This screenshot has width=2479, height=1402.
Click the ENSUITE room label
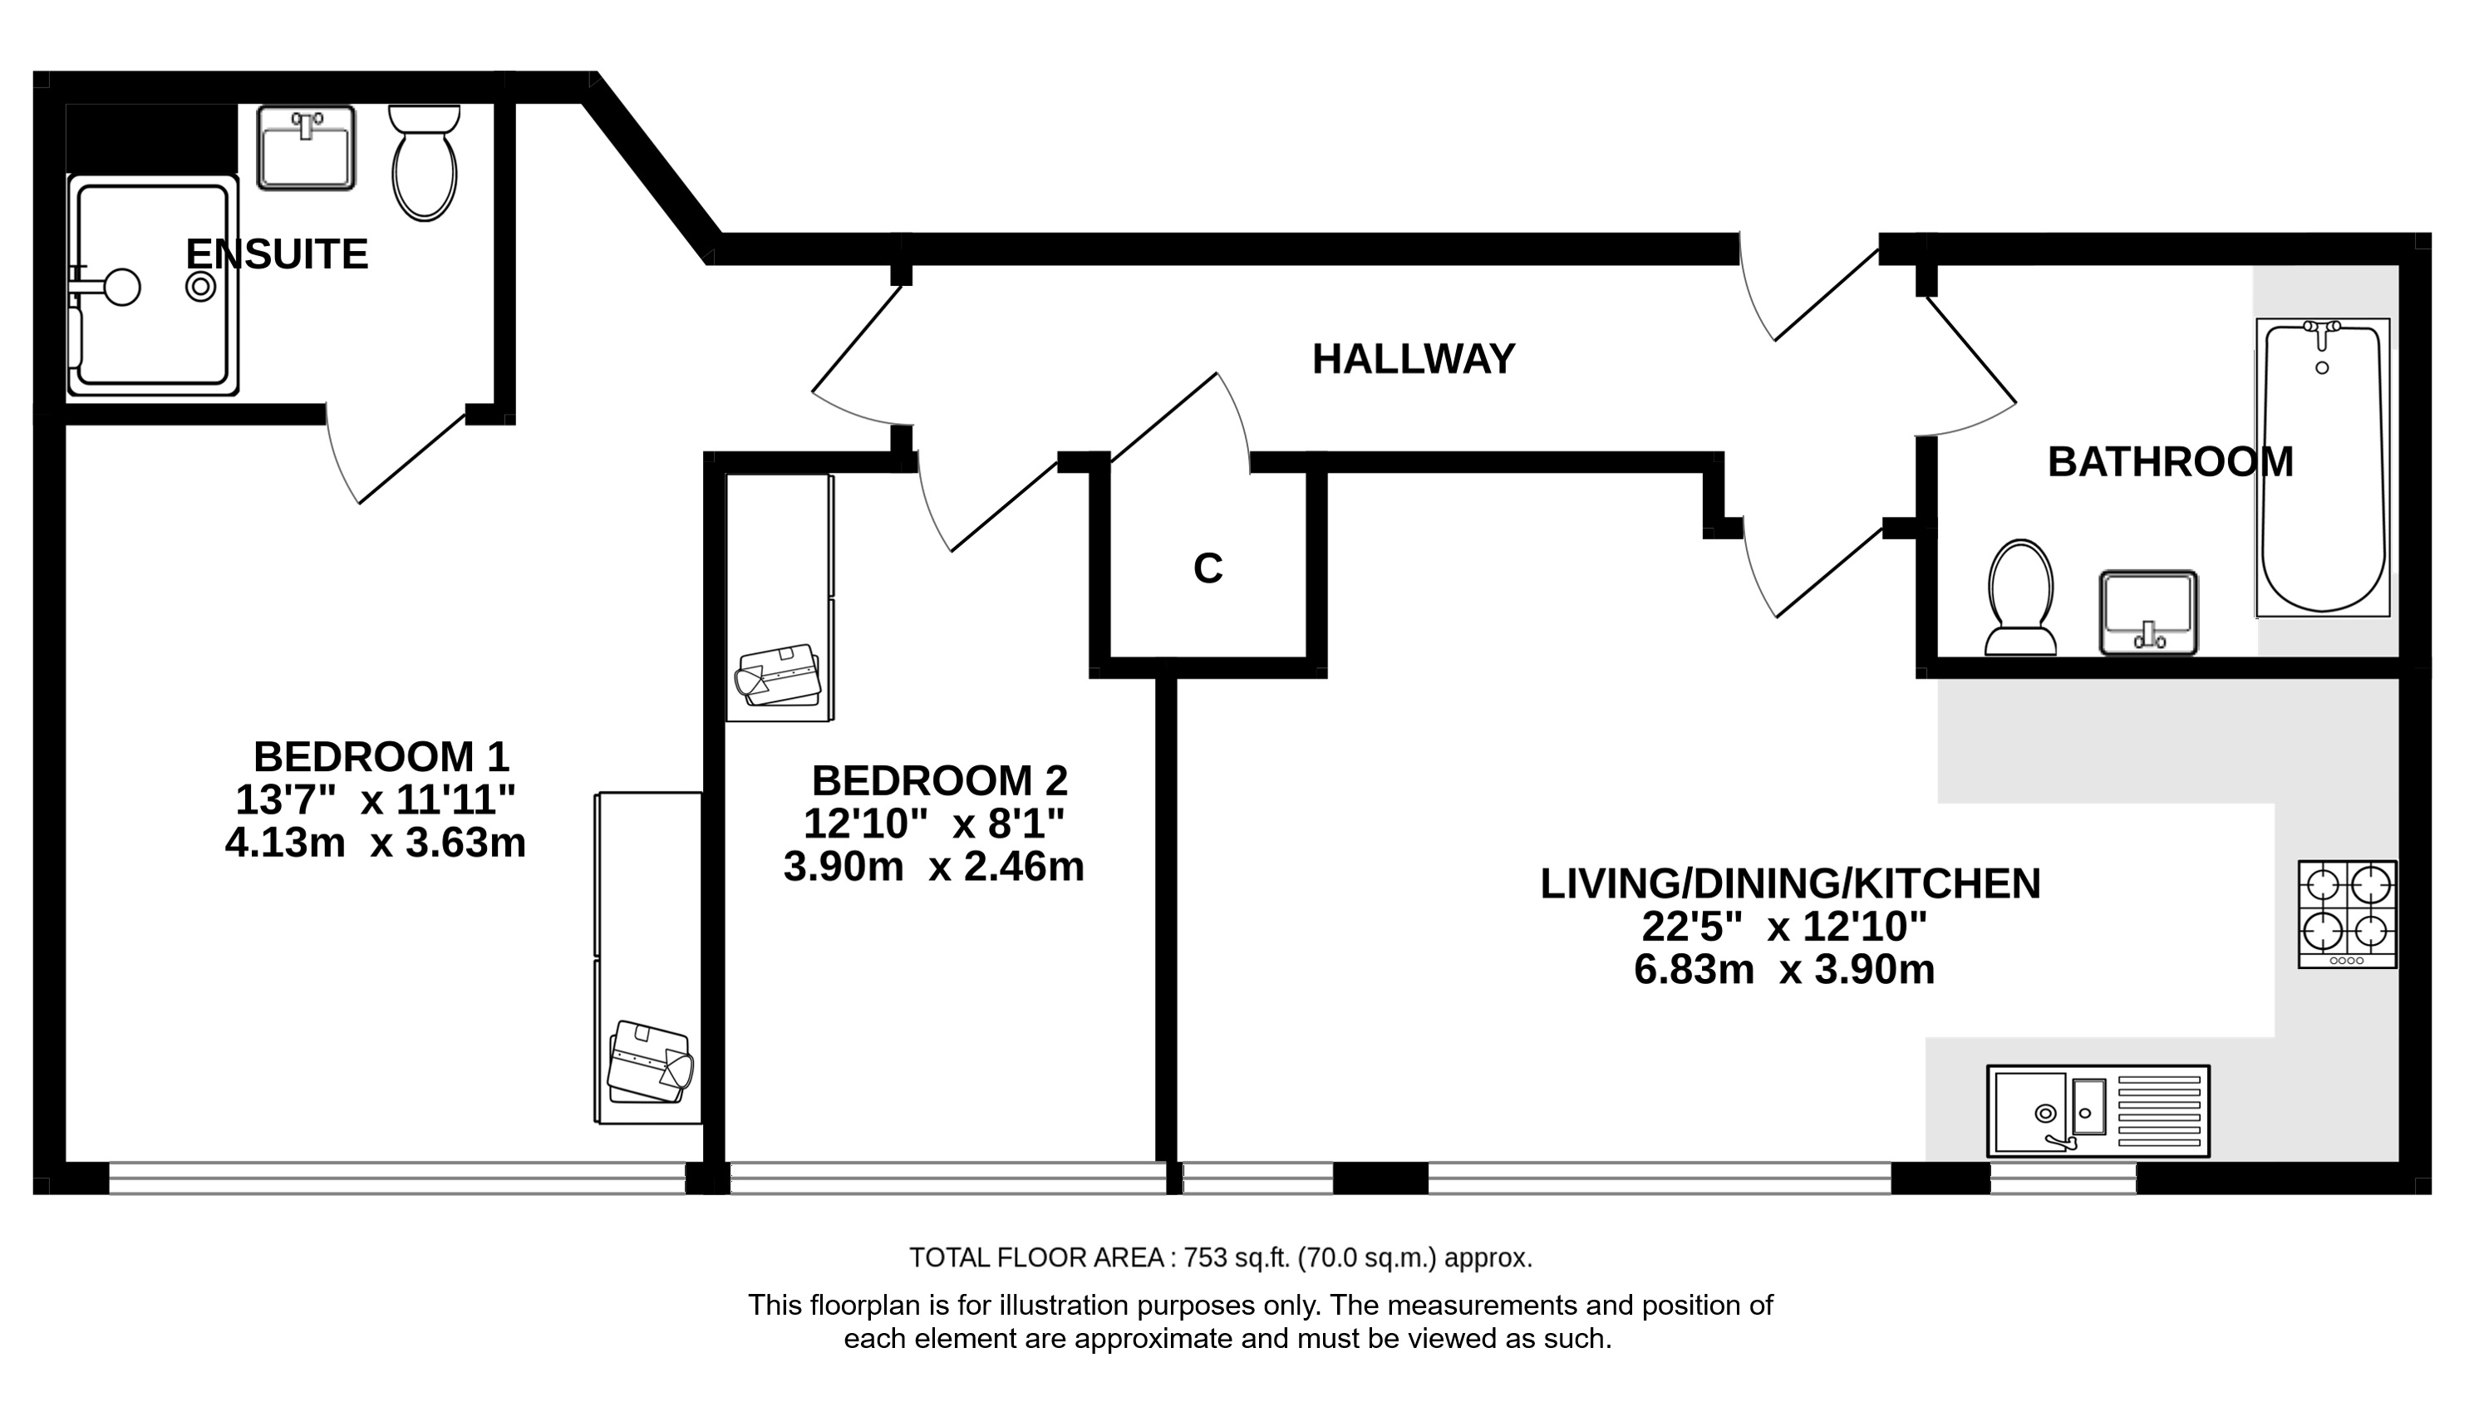276,254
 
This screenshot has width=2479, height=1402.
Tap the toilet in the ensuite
424,162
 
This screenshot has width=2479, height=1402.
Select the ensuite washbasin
306,147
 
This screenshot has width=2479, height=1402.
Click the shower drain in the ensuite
201,286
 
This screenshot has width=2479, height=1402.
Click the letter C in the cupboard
1208,568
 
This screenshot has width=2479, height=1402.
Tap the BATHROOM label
2170,462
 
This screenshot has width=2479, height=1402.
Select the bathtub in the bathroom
2322,467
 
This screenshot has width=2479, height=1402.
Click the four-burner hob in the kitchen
2347,914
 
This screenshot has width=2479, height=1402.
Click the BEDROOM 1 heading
381,757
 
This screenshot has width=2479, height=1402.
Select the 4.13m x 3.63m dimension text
376,844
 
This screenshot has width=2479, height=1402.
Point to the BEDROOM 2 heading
940,780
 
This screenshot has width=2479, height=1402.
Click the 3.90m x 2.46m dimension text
934,867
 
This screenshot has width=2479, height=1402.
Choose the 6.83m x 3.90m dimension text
1785,970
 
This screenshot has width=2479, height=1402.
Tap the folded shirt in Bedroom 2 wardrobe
778,675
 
